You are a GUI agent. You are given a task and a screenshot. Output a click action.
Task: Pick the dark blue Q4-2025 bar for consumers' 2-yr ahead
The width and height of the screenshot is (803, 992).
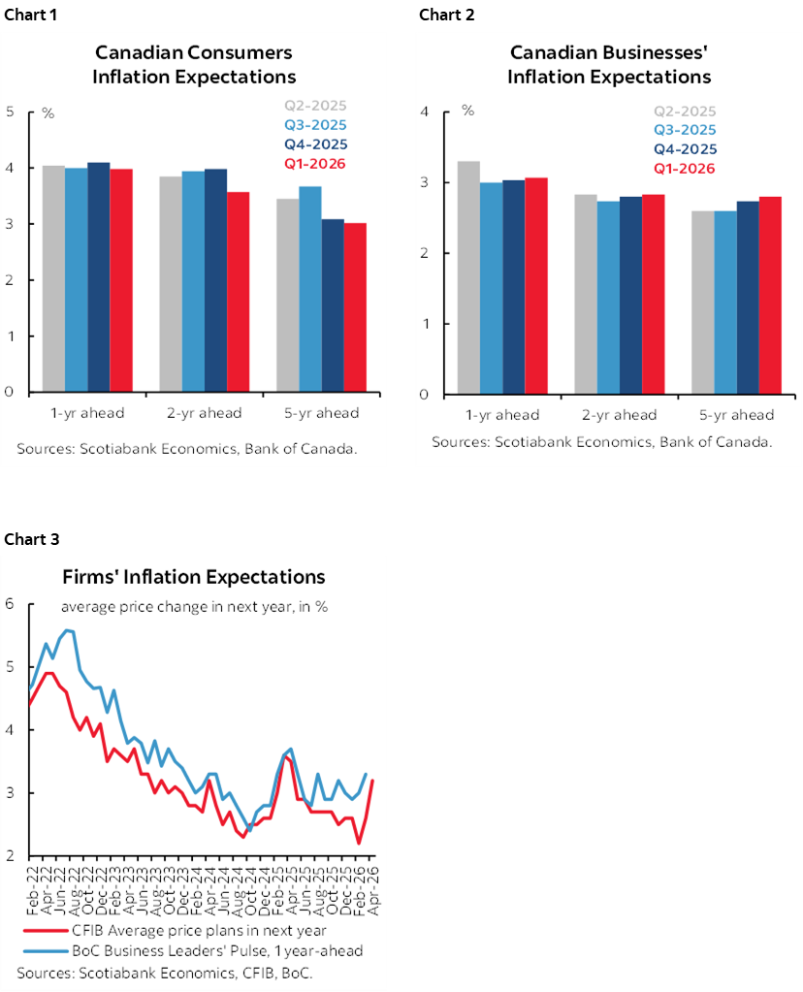pyautogui.click(x=215, y=280)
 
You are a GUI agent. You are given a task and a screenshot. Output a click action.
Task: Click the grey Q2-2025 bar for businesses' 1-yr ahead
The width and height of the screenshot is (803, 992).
pyautogui.click(x=468, y=277)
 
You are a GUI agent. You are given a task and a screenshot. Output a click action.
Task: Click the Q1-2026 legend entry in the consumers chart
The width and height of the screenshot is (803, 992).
pyautogui.click(x=314, y=163)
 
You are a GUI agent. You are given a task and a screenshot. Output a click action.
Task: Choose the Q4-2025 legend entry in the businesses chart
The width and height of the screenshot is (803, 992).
pyautogui.click(x=685, y=149)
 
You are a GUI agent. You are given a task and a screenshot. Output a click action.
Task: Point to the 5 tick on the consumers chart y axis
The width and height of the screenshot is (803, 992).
pyautogui.click(x=10, y=112)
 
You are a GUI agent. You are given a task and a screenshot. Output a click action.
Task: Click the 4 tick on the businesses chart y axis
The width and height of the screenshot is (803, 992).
pyautogui.click(x=423, y=112)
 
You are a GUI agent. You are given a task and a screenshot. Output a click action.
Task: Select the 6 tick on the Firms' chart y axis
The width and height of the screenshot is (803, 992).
pyautogui.click(x=10, y=604)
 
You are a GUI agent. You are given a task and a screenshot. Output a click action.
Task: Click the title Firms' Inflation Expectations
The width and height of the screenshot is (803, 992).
pyautogui.click(x=194, y=577)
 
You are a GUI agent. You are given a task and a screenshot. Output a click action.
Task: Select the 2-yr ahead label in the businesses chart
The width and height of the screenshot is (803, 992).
pyautogui.click(x=619, y=415)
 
